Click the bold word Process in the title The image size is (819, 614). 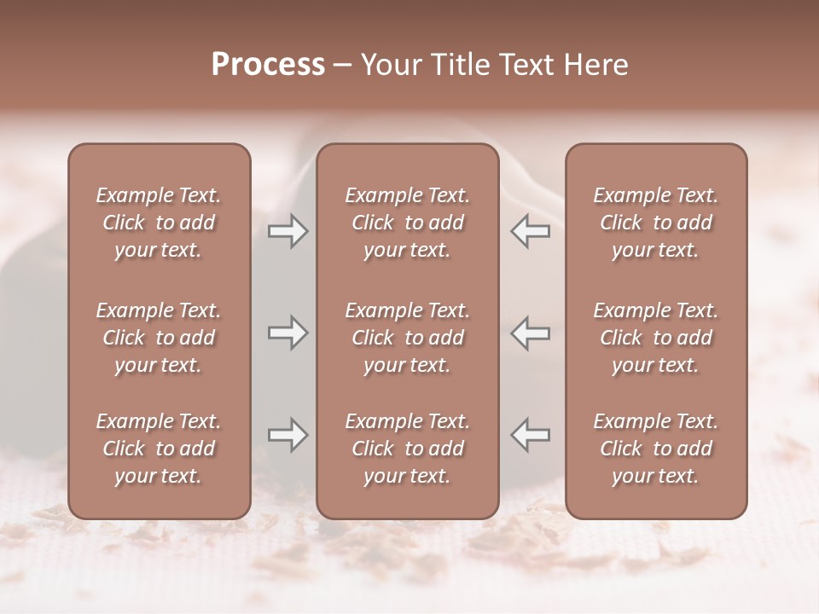pos(268,65)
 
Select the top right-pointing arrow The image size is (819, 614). pos(288,231)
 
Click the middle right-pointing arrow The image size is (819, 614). pos(288,333)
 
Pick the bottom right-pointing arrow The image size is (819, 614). pos(288,435)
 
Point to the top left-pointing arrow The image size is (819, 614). pos(530,231)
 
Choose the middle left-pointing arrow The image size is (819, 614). pos(530,333)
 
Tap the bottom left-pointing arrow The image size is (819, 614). pos(530,435)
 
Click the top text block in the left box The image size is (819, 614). pos(159,223)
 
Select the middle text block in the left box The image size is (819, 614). pos(159,338)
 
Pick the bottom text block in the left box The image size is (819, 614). pos(159,449)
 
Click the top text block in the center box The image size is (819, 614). pos(408,223)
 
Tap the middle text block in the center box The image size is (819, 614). pos(408,338)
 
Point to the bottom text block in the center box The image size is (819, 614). pos(408,449)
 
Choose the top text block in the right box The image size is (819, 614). pos(656,223)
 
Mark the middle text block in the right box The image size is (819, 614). pos(656,338)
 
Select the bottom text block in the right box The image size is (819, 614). pos(656,449)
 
